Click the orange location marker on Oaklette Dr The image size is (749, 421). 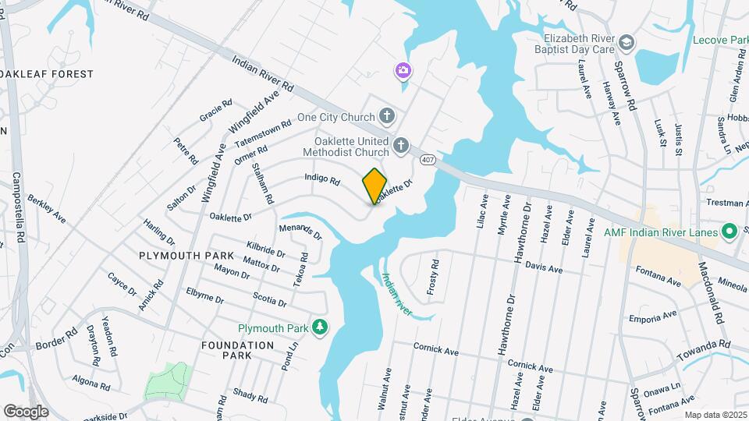click(374, 186)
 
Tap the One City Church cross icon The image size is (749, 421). click(387, 117)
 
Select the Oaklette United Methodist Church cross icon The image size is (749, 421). click(400, 145)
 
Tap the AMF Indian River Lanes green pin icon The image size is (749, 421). click(729, 231)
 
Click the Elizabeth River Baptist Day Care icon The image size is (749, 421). click(627, 41)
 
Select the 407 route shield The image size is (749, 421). click(427, 160)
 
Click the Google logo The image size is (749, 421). click(26, 411)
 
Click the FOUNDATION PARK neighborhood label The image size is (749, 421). click(237, 350)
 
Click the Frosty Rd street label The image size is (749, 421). click(435, 274)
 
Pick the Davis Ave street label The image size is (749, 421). click(544, 268)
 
